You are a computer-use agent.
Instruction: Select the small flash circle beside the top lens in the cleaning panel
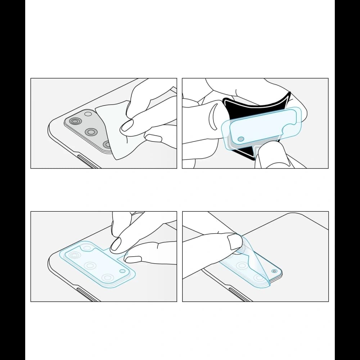[88, 114]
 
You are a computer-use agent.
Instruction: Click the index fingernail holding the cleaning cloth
[127, 126]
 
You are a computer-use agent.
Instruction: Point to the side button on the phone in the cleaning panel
[88, 161]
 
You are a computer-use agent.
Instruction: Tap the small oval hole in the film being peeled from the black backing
[241, 139]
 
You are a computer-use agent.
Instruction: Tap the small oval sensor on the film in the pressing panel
[122, 271]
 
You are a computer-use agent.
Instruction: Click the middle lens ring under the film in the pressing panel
[89, 266]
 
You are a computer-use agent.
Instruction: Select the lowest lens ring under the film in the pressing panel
[107, 278]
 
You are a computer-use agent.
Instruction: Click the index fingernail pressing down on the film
[116, 244]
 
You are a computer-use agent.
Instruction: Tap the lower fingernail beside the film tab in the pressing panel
[134, 259]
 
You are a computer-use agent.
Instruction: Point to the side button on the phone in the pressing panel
[88, 294]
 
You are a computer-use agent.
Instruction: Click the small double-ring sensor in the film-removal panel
[275, 271]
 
